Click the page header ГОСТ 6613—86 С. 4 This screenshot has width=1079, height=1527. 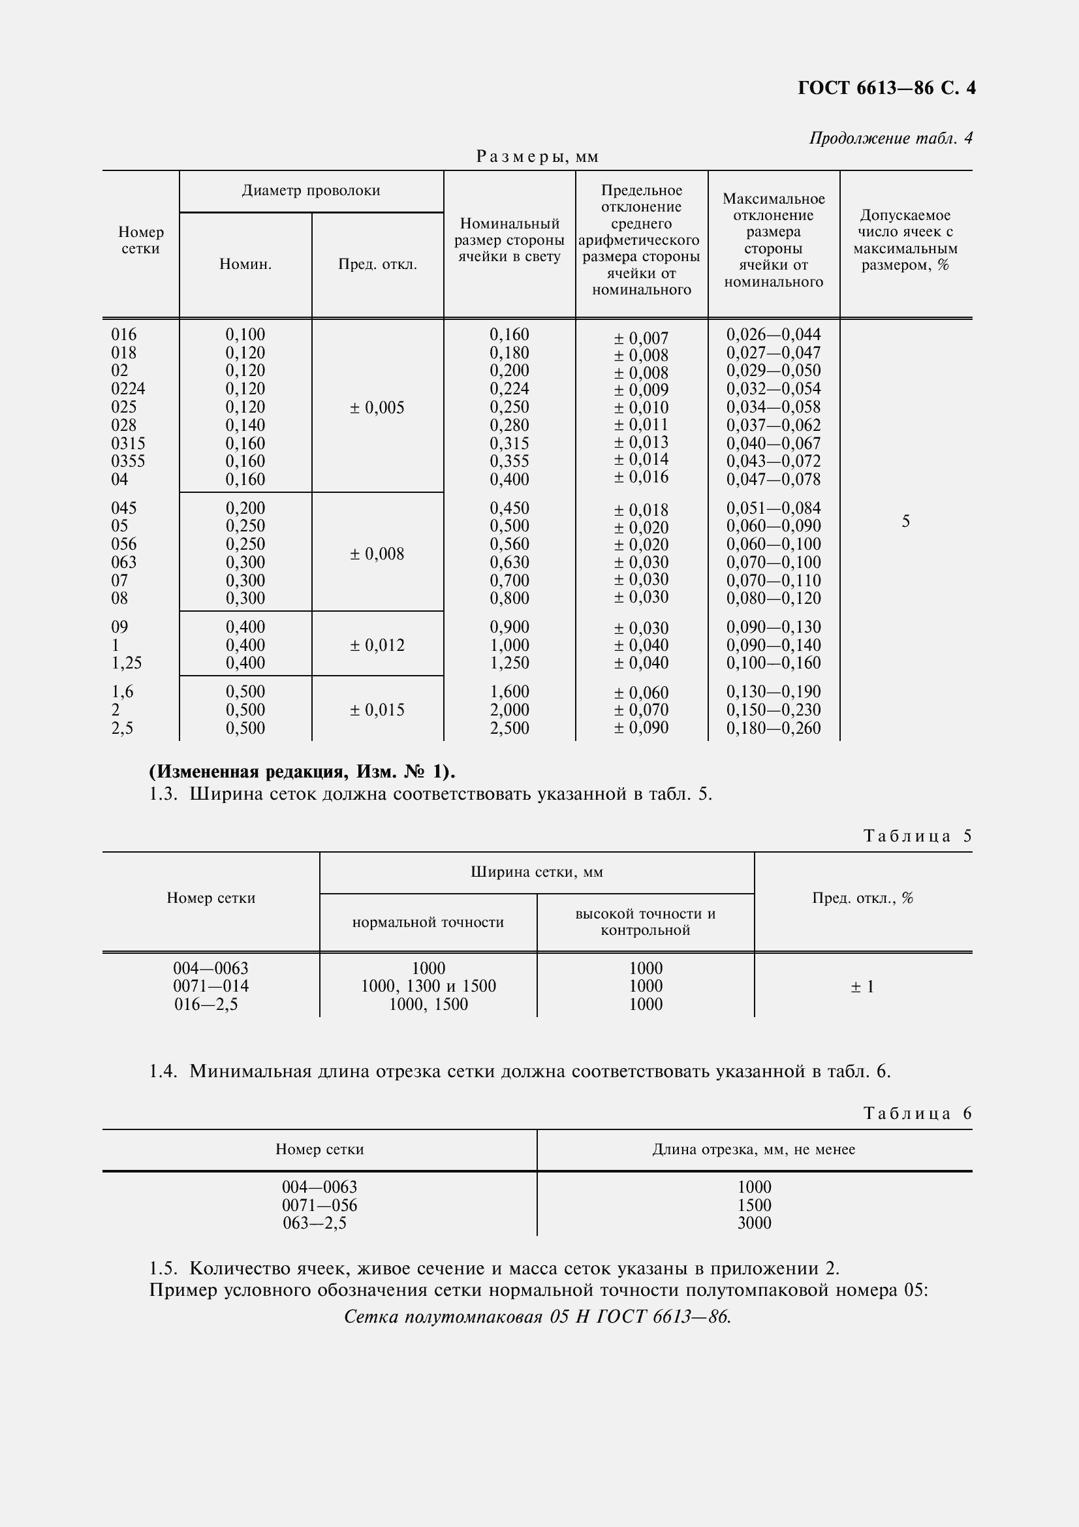pyautogui.click(x=886, y=88)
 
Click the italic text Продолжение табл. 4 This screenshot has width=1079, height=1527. pyautogui.click(x=890, y=138)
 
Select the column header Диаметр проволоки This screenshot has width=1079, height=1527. pyautogui.click(x=311, y=191)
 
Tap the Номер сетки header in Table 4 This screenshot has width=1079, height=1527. pyautogui.click(x=140, y=240)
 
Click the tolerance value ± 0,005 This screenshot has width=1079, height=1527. pyautogui.click(x=377, y=407)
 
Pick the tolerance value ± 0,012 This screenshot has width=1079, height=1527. pyautogui.click(x=377, y=645)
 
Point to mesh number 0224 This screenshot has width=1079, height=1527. pyautogui.click(x=128, y=388)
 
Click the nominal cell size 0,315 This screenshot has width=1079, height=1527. pyautogui.click(x=509, y=443)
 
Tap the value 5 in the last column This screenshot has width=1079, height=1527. pyautogui.click(x=905, y=522)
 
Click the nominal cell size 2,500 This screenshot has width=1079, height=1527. pyautogui.click(x=509, y=727)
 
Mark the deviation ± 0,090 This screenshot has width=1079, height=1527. pyautogui.click(x=641, y=727)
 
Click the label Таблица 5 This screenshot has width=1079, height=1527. pyautogui.click(x=918, y=836)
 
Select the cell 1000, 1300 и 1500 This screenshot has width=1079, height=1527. pyautogui.click(x=428, y=986)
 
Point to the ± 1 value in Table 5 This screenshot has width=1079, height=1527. pyautogui.click(x=862, y=987)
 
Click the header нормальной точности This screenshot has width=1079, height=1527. pyautogui.click(x=428, y=922)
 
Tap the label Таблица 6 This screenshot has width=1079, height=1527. pyautogui.click(x=918, y=1113)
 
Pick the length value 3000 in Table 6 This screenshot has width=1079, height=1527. pyautogui.click(x=754, y=1222)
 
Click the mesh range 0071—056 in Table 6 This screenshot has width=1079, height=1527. pyautogui.click(x=319, y=1205)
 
